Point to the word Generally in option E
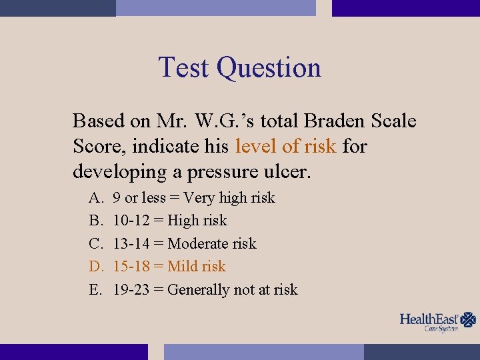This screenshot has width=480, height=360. coord(198,289)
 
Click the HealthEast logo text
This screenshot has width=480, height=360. coord(429,319)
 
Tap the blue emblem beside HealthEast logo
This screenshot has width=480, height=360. coord(469,320)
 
